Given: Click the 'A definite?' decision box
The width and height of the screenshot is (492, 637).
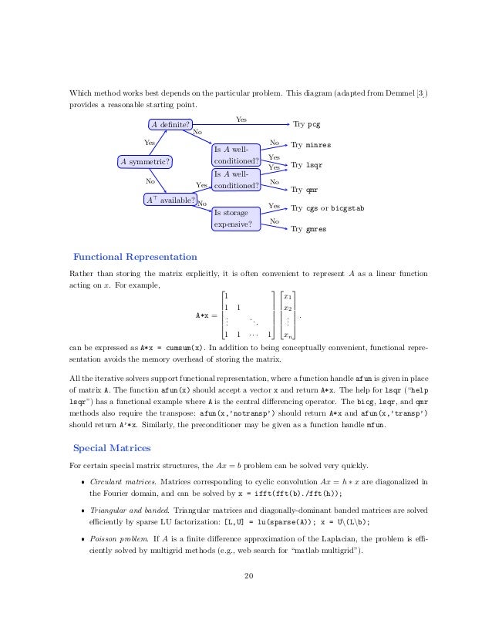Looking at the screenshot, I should pyautogui.click(x=170, y=124).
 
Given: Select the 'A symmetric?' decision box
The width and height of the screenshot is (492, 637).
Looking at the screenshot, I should pyautogui.click(x=145, y=161).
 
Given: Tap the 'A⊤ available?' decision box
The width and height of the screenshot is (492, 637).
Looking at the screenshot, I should pyautogui.click(x=170, y=201).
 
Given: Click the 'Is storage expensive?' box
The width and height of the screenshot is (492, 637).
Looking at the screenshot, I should pyautogui.click(x=236, y=218).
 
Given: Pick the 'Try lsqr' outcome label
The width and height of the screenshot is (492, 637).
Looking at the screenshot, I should pyautogui.click(x=308, y=165).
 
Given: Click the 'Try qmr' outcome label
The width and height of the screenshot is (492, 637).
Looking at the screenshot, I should pyautogui.click(x=305, y=188).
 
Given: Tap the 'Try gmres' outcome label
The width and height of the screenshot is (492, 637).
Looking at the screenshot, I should pyautogui.click(x=309, y=228).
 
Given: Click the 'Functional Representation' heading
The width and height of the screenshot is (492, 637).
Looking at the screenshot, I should pyautogui.click(x=135, y=257).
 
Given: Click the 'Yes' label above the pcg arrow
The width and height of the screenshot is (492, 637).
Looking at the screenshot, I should pyautogui.click(x=241, y=119).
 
